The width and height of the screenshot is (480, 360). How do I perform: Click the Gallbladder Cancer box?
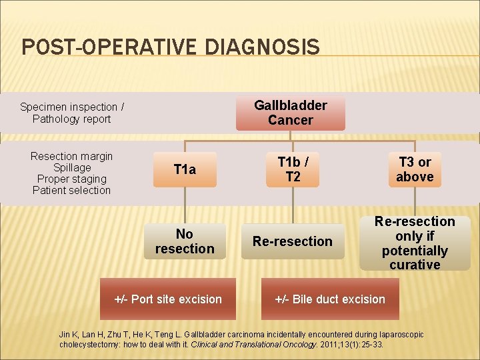[x=290, y=113]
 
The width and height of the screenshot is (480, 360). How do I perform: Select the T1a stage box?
[x=185, y=169]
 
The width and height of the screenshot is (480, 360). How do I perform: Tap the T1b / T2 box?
[x=293, y=169]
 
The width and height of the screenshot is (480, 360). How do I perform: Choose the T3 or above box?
[x=415, y=169]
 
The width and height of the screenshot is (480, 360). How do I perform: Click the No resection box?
[x=185, y=241]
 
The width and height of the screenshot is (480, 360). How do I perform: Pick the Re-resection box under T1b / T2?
[x=292, y=241]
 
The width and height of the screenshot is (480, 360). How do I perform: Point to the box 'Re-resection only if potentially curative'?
[x=415, y=243]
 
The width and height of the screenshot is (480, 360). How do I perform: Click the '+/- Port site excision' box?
[x=168, y=299]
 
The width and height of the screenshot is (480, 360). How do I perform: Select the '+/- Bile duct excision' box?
[x=330, y=299]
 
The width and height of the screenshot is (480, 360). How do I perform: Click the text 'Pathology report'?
[x=71, y=119]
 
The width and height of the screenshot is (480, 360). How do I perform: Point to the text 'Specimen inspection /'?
[x=71, y=107]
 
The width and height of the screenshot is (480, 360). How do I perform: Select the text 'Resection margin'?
[x=71, y=156]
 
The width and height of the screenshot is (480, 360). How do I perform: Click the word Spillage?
[x=71, y=167]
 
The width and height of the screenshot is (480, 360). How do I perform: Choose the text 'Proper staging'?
[x=71, y=179]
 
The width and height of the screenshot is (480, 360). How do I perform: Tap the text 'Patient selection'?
[x=71, y=190]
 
